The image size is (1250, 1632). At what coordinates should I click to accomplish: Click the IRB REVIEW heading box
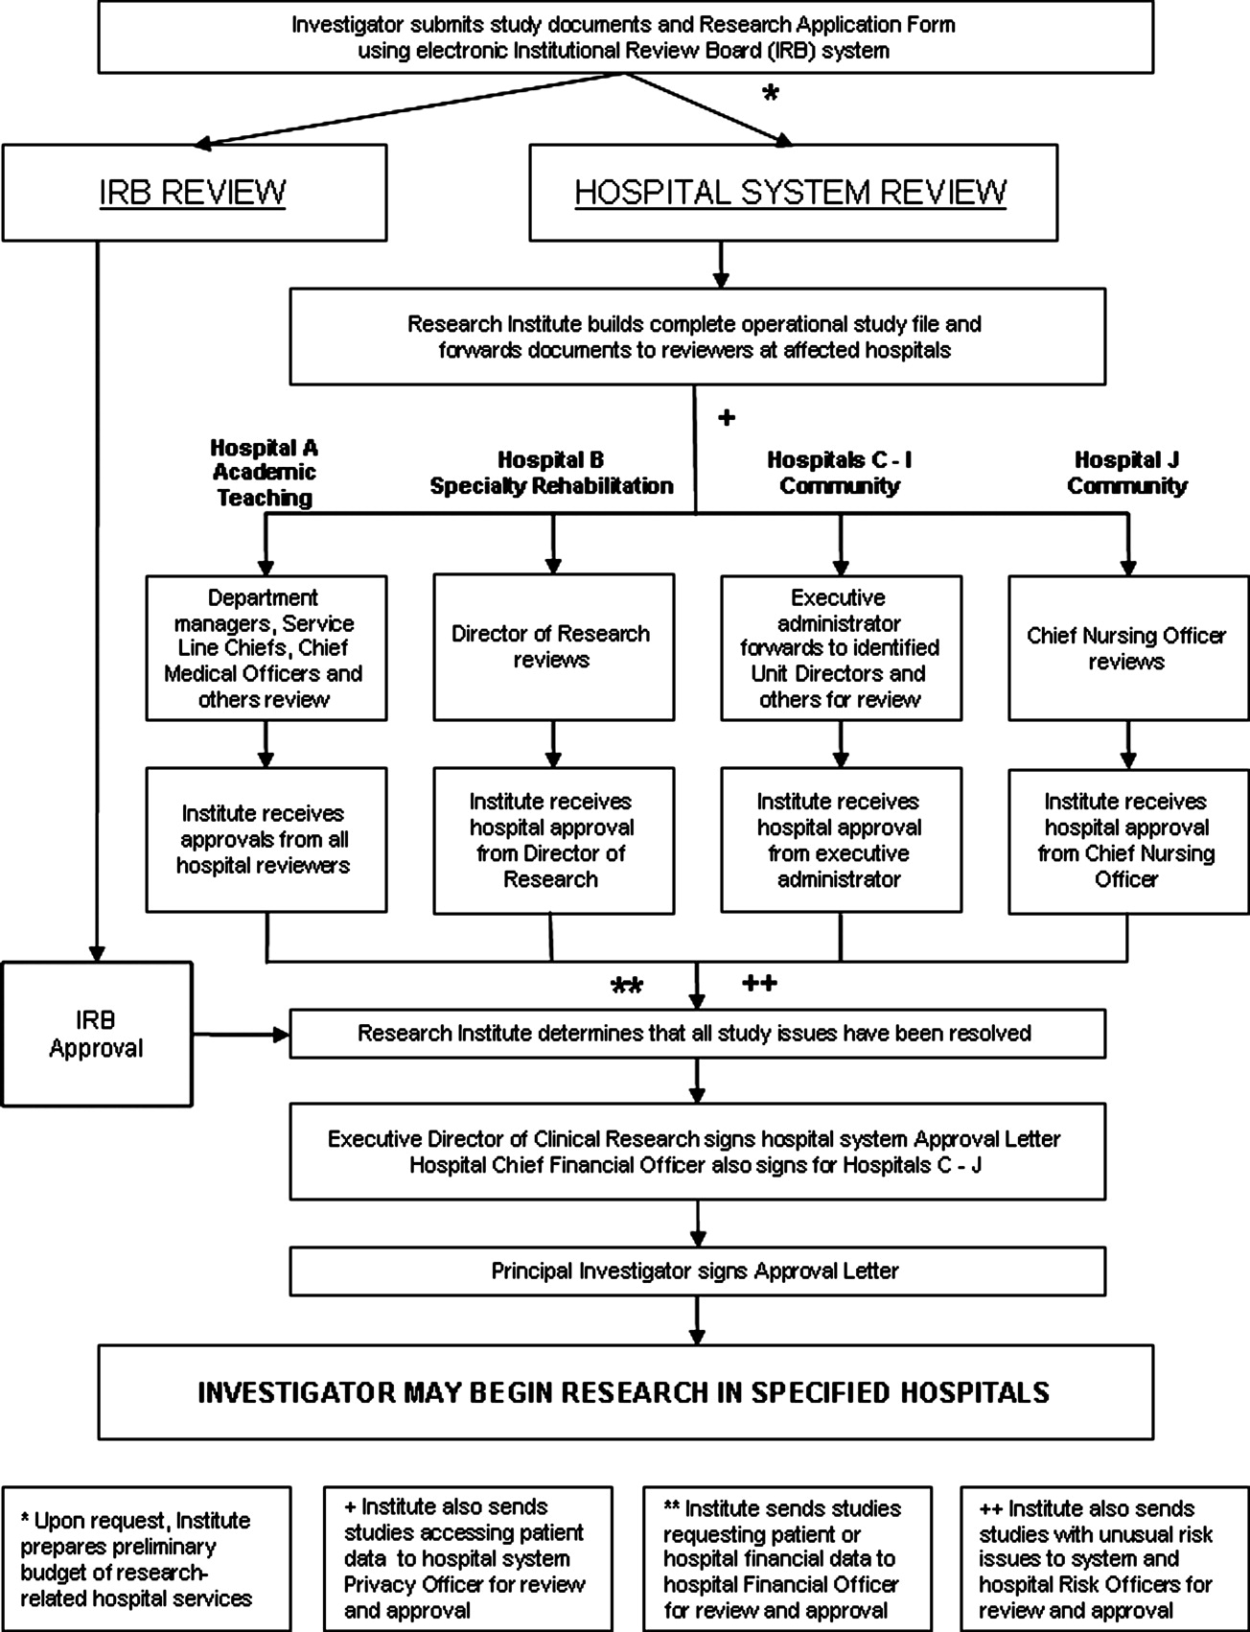(195, 193)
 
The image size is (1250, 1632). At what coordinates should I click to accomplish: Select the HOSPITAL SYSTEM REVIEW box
(794, 193)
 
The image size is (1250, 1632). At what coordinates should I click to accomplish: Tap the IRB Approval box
(97, 1035)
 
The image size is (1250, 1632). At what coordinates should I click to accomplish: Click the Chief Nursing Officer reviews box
(1128, 647)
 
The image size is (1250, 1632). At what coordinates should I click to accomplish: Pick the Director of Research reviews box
(553, 647)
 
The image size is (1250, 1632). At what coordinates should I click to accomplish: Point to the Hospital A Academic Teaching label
(265, 473)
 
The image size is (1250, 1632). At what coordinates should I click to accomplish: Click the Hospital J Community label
(1127, 473)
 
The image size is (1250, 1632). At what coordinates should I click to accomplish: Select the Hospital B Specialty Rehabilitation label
(551, 473)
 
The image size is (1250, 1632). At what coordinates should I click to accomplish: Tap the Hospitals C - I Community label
(840, 473)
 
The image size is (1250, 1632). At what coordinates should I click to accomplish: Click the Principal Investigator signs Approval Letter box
(698, 1271)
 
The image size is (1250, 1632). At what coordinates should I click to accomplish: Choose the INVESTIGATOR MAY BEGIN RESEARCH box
(625, 1391)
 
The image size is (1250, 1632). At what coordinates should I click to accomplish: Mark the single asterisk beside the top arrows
(770, 94)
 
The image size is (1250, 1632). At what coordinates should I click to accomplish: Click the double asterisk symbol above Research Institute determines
(628, 987)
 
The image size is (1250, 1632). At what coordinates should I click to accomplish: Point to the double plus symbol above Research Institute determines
(759, 983)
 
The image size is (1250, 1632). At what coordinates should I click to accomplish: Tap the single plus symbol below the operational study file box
(727, 418)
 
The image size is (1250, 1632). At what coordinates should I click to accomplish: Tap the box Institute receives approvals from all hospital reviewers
(266, 840)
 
